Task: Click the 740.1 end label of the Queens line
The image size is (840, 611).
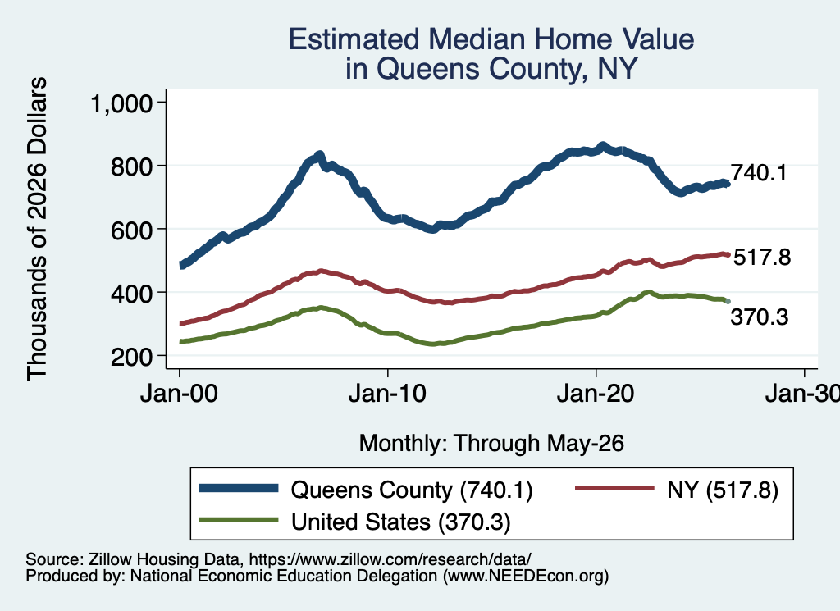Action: pos(759,173)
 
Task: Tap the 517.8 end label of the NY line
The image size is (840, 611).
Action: pos(762,257)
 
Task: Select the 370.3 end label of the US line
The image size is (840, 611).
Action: pos(760,317)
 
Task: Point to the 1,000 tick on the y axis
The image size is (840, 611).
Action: pos(122,103)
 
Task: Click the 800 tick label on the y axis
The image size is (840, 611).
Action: pos(132,166)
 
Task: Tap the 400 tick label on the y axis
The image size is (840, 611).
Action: pos(132,293)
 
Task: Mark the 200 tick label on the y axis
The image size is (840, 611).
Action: pos(132,356)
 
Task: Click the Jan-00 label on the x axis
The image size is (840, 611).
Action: pos(179,394)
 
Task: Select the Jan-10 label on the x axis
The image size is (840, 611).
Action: pos(387,394)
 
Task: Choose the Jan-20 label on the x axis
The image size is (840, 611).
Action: pos(596,394)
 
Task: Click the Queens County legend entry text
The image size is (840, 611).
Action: pos(412,490)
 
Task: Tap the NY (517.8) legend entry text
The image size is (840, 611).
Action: pos(723,490)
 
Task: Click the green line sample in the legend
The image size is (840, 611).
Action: pos(239,520)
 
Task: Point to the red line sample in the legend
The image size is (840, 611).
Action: pos(615,488)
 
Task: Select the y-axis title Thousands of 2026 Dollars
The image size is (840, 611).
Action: pos(37,229)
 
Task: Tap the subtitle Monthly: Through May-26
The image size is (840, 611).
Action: pos(491,444)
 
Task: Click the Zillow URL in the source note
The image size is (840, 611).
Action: pos(390,559)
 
